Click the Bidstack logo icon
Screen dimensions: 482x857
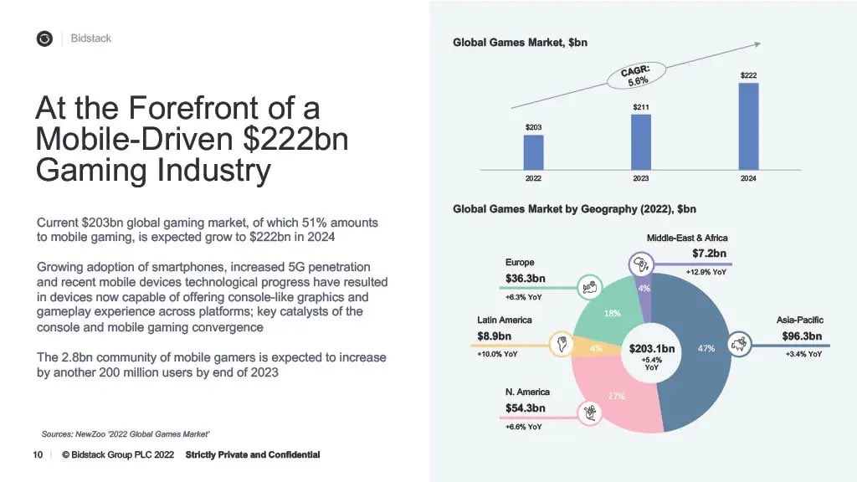(x=44, y=38)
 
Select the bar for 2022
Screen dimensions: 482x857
(x=533, y=152)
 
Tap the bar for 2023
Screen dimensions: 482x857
(x=640, y=142)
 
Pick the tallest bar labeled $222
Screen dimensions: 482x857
(x=748, y=126)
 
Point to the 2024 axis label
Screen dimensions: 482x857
(x=748, y=178)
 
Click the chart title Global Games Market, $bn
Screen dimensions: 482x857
(x=520, y=42)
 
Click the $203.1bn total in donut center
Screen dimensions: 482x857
(x=652, y=348)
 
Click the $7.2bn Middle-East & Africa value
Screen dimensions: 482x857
(x=709, y=254)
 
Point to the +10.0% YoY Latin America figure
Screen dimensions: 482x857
(x=497, y=354)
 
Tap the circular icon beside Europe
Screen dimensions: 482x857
(x=590, y=287)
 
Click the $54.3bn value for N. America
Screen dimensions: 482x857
(x=525, y=408)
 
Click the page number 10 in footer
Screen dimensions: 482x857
(x=38, y=454)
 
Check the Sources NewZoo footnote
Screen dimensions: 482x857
(x=126, y=433)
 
